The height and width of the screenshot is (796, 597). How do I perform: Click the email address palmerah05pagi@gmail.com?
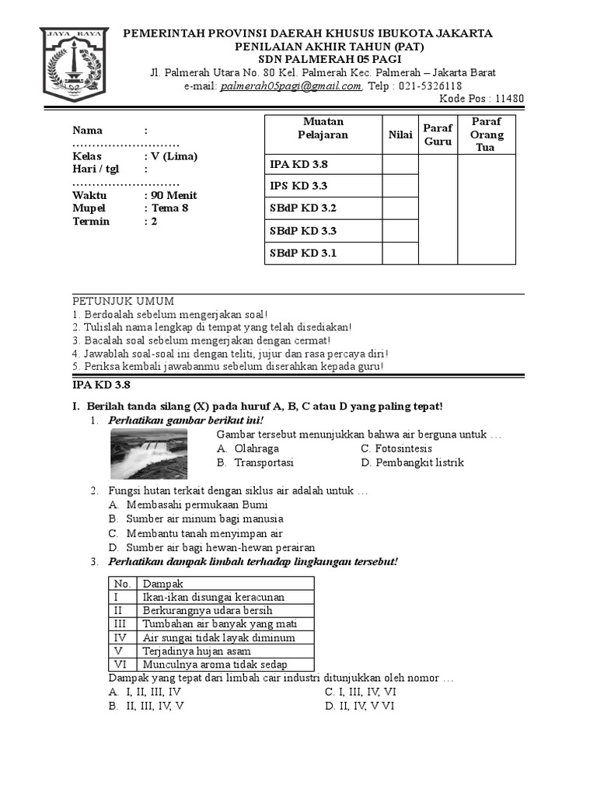click(292, 86)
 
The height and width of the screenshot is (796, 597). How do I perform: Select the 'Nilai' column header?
click(400, 134)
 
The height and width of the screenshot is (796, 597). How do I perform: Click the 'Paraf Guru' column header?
click(438, 134)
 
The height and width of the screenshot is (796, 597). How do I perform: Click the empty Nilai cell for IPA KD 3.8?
click(400, 164)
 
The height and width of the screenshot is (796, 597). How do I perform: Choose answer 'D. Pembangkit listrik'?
click(412, 463)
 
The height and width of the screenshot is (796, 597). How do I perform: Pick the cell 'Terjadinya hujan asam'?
click(197, 651)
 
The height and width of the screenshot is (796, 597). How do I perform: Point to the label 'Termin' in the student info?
click(92, 221)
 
